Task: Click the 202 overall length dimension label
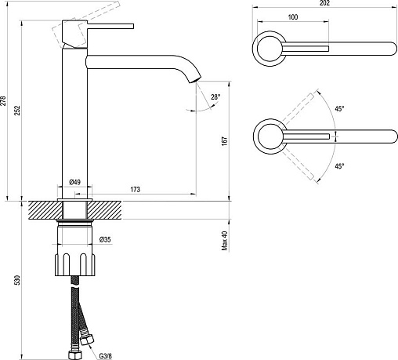pos(324,3)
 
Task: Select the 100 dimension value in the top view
pos(293,17)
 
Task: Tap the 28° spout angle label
pos(215,97)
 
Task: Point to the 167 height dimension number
pos(225,141)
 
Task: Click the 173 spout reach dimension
pos(135,189)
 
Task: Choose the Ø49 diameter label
pos(75,182)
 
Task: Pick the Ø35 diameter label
pos(105,239)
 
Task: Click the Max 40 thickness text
pos(225,241)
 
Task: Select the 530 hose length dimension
pos(17,280)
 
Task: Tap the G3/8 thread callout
pos(105,355)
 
